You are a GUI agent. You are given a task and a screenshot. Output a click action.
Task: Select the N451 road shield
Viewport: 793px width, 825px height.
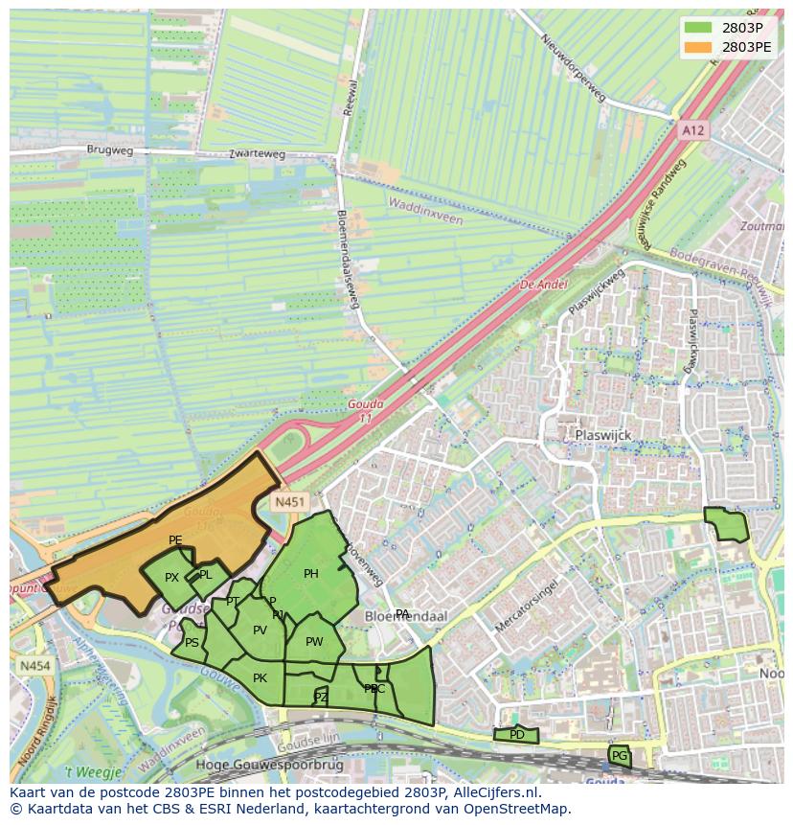[288, 501]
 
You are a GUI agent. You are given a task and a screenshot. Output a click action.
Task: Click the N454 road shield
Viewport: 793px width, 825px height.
[34, 665]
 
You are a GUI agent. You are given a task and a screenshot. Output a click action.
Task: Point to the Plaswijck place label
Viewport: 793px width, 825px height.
[602, 435]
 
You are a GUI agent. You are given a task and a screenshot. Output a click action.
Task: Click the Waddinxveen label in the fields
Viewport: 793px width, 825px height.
[425, 212]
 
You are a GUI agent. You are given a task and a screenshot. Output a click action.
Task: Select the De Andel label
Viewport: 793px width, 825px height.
[543, 285]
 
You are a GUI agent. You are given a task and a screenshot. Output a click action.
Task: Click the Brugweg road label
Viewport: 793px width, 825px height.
[110, 150]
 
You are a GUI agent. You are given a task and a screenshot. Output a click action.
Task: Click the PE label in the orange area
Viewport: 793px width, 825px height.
[175, 540]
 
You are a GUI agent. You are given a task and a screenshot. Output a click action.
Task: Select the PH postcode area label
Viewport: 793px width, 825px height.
[310, 574]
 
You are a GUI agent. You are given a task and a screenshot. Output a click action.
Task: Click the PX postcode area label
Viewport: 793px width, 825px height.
[171, 578]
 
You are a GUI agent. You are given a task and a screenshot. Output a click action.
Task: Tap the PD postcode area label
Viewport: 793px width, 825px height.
[517, 735]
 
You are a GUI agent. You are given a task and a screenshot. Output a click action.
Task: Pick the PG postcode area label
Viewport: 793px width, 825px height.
[619, 756]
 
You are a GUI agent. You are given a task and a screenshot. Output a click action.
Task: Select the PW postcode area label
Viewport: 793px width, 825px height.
[314, 642]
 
